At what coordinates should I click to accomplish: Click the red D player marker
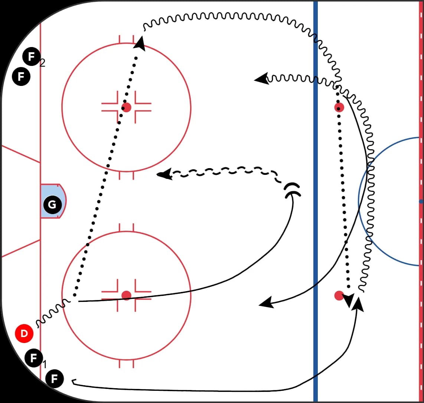[24, 333]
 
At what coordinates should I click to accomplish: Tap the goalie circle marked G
[52, 205]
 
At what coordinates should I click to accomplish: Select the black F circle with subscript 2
[32, 57]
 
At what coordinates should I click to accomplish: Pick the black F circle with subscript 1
[33, 358]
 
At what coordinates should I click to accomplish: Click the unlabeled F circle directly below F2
[21, 77]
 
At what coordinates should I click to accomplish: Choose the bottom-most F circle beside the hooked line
[54, 379]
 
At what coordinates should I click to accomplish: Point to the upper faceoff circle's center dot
[126, 107]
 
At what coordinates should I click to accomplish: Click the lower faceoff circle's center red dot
[126, 295]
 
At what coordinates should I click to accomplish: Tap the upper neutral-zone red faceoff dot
[339, 107]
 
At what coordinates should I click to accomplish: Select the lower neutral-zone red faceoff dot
[339, 295]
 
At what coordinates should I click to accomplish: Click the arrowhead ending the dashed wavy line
[164, 174]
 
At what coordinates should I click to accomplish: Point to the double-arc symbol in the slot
[293, 190]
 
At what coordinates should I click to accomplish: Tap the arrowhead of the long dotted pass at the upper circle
[140, 44]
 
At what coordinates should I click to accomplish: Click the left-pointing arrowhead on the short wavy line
[261, 79]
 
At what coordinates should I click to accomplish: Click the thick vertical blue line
[315, 201]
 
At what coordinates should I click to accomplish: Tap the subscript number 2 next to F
[42, 63]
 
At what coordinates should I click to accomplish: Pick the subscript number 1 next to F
[45, 364]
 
